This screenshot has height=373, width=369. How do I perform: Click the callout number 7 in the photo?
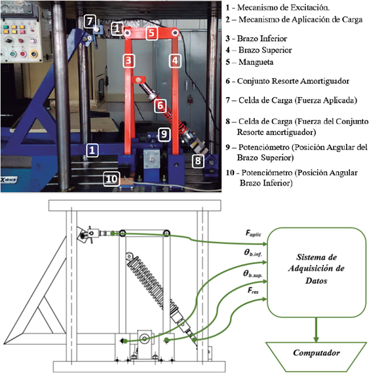pyautogui.click(x=90, y=21)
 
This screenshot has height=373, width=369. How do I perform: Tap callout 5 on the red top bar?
pyautogui.click(x=152, y=33)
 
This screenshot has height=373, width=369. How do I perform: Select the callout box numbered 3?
pyautogui.click(x=128, y=60)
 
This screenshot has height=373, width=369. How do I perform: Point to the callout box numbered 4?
pyautogui.click(x=175, y=60)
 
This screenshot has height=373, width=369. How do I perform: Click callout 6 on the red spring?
pyautogui.click(x=160, y=106)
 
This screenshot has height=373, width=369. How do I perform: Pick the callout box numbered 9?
pyautogui.click(x=164, y=134)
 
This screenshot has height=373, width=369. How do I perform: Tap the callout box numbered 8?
pyautogui.click(x=198, y=161)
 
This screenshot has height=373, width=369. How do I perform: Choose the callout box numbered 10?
pyautogui.click(x=111, y=179)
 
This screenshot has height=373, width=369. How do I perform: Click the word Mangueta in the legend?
pyautogui.click(x=256, y=62)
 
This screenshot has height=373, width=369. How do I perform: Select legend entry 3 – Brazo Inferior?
pyautogui.click(x=256, y=39)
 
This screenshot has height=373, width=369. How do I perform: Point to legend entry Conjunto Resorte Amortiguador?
pyautogui.click(x=293, y=81)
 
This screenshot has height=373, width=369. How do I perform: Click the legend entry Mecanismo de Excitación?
pyautogui.click(x=283, y=8)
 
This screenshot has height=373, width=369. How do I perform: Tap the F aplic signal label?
pyautogui.click(x=254, y=233)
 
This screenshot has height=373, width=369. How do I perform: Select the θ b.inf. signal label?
pyautogui.click(x=253, y=253)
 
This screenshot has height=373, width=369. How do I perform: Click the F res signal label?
pyautogui.click(x=253, y=290)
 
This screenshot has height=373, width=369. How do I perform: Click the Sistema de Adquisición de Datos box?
pyautogui.click(x=317, y=273)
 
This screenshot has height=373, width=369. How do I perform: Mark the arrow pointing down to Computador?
pyautogui.click(x=316, y=330)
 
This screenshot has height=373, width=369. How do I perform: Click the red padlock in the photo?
pyautogui.click(x=189, y=100)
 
